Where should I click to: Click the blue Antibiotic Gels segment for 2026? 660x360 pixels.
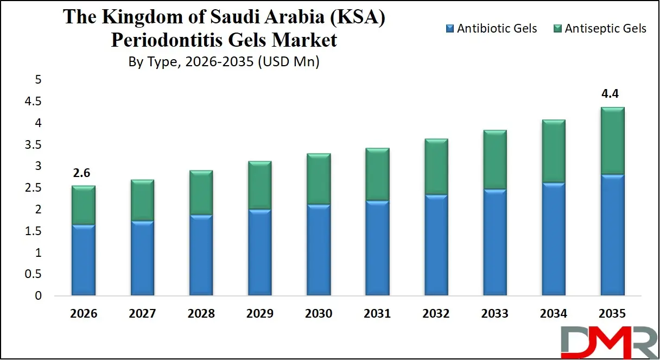(x=84, y=261)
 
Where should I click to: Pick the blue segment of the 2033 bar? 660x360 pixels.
(x=494, y=243)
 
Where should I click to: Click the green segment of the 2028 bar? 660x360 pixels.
(x=201, y=193)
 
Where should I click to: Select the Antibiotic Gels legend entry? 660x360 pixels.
(x=491, y=28)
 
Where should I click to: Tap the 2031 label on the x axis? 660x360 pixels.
(x=377, y=314)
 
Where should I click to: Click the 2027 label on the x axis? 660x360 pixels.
(x=142, y=314)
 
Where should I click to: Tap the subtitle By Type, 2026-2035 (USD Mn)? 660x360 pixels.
(x=224, y=62)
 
